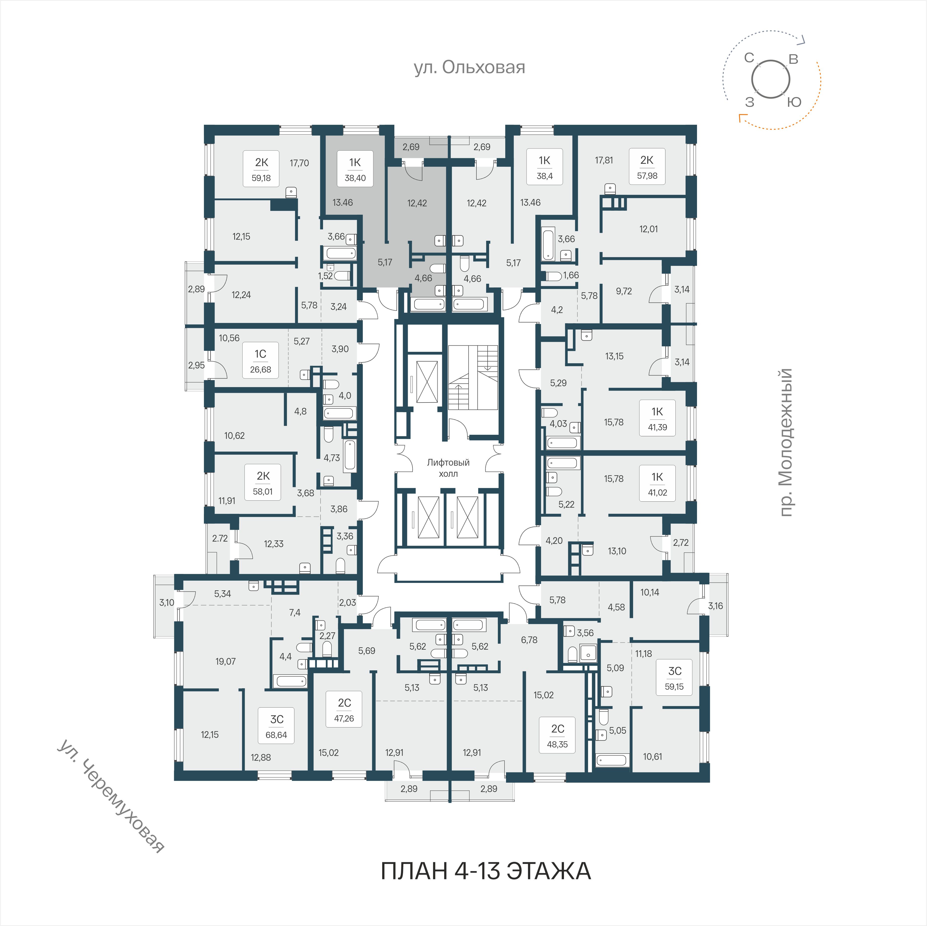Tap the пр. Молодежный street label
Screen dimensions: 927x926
(x=785, y=442)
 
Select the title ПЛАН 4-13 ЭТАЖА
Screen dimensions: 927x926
(x=486, y=871)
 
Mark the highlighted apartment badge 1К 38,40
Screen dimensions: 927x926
(x=355, y=169)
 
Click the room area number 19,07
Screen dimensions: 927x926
(x=226, y=661)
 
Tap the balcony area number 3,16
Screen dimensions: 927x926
(x=715, y=606)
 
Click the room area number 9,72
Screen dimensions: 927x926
(x=624, y=291)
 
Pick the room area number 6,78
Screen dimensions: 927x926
(x=529, y=640)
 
